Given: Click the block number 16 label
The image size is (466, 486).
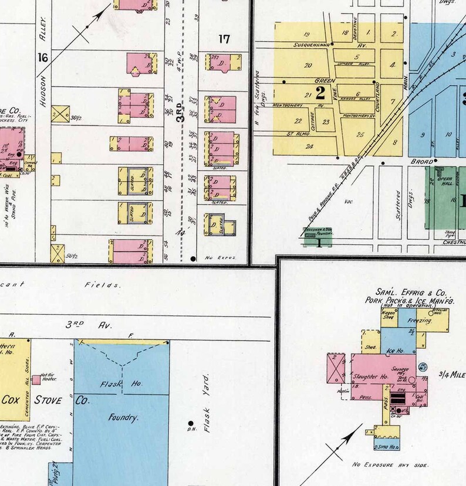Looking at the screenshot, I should (x=42, y=57).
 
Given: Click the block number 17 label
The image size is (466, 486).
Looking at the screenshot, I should (x=224, y=39).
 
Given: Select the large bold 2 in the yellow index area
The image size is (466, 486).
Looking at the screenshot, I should (x=320, y=91).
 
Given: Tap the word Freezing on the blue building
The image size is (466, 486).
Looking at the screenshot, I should (x=420, y=322).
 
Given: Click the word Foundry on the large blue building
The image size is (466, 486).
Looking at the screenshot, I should (x=122, y=418).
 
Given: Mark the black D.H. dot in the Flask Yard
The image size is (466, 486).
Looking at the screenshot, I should (x=190, y=422).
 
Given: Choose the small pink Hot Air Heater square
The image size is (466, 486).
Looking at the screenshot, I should (x=36, y=379).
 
